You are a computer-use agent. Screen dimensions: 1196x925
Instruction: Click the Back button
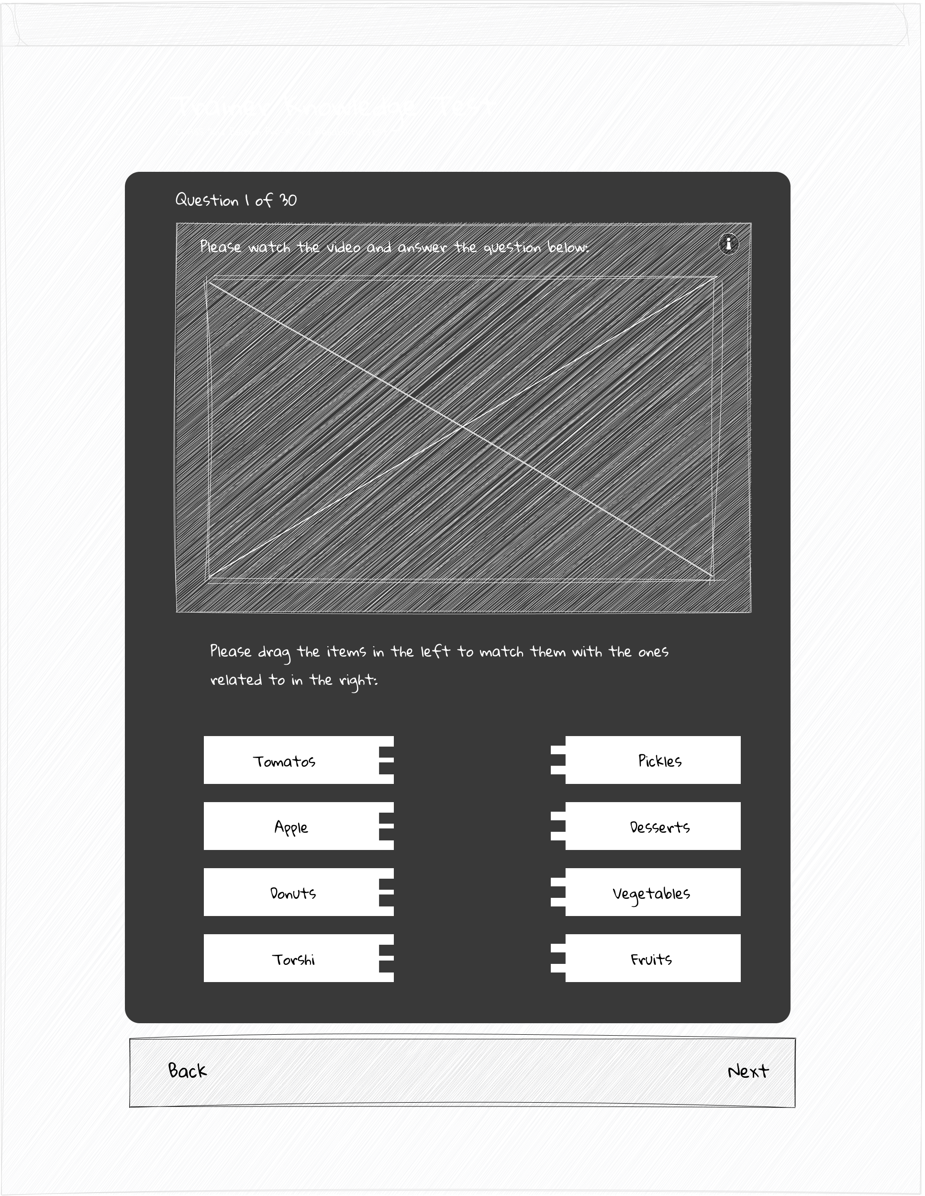click(x=187, y=1070)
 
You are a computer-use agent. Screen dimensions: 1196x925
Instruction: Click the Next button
click(x=748, y=1071)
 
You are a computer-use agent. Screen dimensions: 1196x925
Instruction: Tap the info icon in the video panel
click(x=728, y=243)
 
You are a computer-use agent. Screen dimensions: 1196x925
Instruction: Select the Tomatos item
click(x=284, y=761)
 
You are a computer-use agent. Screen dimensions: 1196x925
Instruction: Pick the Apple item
click(x=291, y=827)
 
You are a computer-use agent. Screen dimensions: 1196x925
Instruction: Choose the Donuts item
click(x=293, y=893)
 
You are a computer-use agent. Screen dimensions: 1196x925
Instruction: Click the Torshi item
click(x=293, y=960)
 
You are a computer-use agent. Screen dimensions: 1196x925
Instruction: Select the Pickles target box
click(x=659, y=760)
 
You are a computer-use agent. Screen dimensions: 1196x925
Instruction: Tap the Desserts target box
click(x=659, y=827)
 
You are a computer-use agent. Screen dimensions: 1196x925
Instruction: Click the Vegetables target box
click(x=651, y=893)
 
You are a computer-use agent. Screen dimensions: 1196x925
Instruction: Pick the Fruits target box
click(x=651, y=960)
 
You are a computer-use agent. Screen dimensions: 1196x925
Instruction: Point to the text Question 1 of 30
click(x=235, y=200)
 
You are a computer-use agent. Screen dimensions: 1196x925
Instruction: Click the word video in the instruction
click(x=344, y=247)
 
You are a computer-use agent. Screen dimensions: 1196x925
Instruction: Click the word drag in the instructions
click(x=273, y=652)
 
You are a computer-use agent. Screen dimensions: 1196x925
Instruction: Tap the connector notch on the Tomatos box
click(x=386, y=760)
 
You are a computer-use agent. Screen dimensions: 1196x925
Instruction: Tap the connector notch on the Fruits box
click(x=558, y=959)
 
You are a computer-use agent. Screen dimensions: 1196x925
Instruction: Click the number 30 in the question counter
click(x=288, y=200)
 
